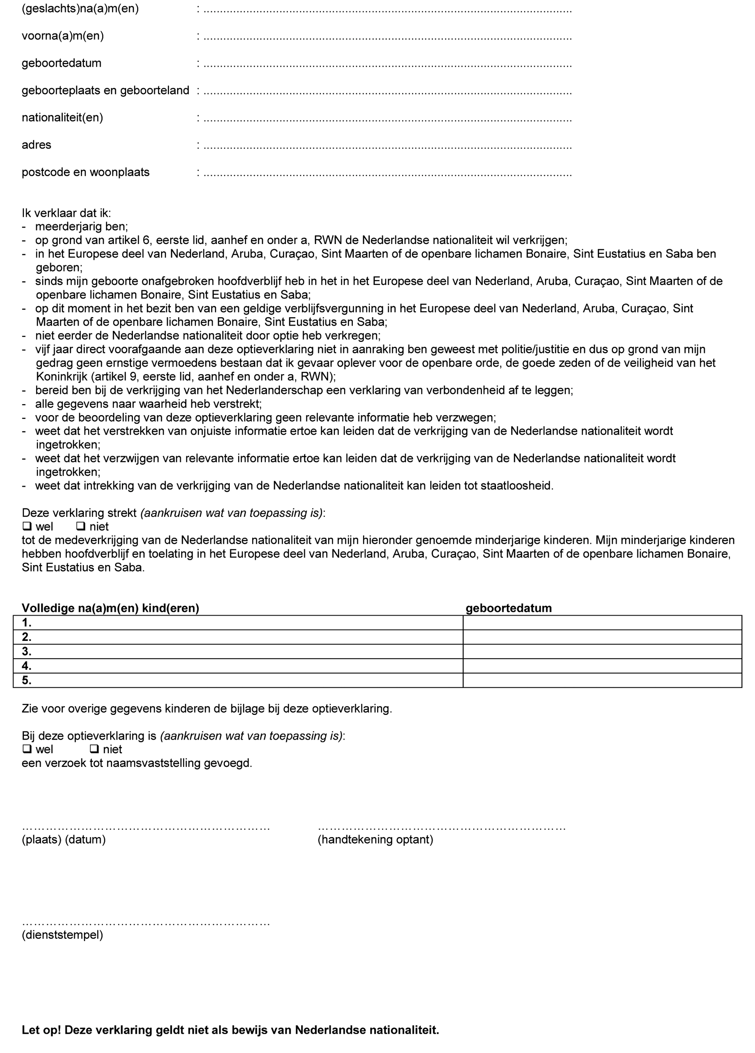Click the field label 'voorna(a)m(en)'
coord(63,36)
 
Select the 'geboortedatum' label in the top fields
coord(61,63)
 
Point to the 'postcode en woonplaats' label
coord(86,172)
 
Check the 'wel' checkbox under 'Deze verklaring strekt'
coord(27,526)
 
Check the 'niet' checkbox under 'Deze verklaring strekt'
coord(81,526)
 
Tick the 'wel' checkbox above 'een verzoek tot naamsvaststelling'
coord(27,749)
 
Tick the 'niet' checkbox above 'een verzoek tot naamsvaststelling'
coord(94,749)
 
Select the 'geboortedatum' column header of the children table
coord(508,608)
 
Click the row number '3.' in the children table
coord(26,651)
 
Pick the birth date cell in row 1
coord(602,623)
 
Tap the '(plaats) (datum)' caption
coord(63,839)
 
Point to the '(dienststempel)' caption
coord(62,935)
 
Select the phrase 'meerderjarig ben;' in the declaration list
coord(81,227)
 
